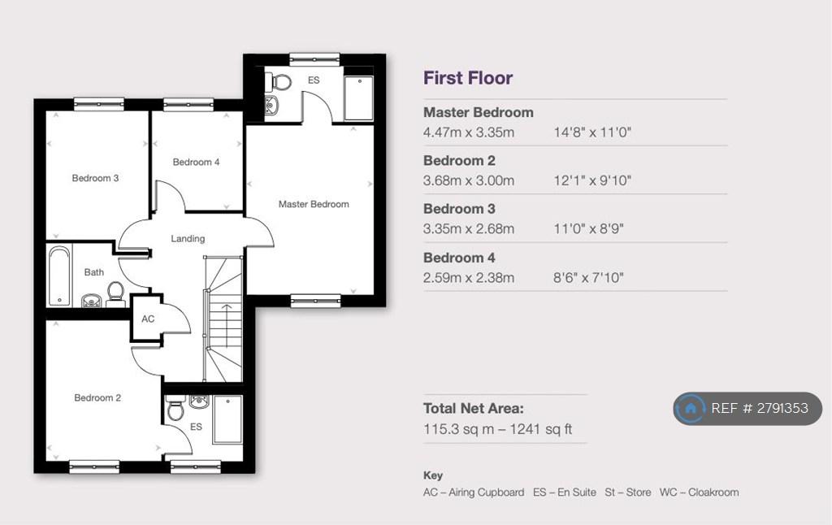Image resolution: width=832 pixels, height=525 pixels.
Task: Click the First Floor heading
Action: point(468,78)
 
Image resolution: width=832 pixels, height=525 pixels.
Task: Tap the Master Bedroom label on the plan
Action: point(314,204)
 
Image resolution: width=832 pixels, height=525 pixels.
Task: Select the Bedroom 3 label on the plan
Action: point(96,178)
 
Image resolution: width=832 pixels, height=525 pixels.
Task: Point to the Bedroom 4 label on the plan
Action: point(196,162)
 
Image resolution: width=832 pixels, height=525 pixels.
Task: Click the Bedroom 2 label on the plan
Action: point(97,397)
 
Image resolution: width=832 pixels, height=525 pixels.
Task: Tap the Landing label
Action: point(188,239)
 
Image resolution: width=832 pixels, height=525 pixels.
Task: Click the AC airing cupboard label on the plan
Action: point(148,319)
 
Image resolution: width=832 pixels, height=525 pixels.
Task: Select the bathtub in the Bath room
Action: point(59,276)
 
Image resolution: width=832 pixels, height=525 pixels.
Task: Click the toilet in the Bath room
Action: point(115,294)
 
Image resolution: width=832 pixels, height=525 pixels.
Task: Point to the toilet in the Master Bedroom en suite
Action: point(279,82)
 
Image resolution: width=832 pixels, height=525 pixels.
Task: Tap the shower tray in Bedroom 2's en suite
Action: point(227,419)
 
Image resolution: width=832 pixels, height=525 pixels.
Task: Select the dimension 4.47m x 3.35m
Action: point(469,132)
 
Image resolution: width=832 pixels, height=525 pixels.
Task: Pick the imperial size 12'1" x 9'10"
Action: point(592,180)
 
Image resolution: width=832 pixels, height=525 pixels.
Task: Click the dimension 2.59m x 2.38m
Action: point(469,278)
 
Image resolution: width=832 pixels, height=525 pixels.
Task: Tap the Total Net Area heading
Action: point(474,408)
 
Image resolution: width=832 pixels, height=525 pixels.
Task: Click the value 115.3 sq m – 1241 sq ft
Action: point(498,429)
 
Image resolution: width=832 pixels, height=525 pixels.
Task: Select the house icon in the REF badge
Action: point(691,409)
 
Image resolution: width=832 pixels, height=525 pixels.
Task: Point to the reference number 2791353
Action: point(782,408)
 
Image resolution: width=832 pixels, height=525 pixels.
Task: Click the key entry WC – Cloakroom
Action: point(699,492)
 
